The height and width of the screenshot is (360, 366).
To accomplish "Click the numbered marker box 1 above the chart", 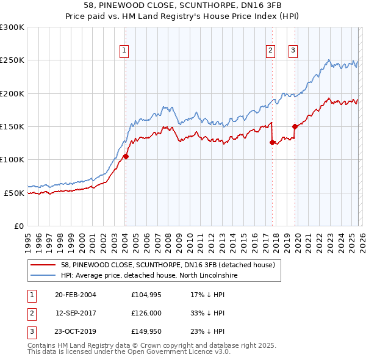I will pyautogui.click(x=124, y=51).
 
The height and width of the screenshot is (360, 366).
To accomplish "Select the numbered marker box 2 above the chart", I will pyautogui.click(x=270, y=51).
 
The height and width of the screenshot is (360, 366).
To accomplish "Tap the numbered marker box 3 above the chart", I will pyautogui.click(x=293, y=51).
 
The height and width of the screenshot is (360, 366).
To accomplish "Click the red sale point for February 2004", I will pyautogui.click(x=126, y=156).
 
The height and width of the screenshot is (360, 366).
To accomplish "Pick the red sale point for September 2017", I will pyautogui.click(x=271, y=142).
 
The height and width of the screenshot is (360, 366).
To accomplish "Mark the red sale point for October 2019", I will pyautogui.click(x=295, y=127).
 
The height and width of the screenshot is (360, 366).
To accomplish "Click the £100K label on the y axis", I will pyautogui.click(x=12, y=159).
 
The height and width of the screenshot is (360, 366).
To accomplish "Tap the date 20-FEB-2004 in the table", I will pyautogui.click(x=75, y=295).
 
